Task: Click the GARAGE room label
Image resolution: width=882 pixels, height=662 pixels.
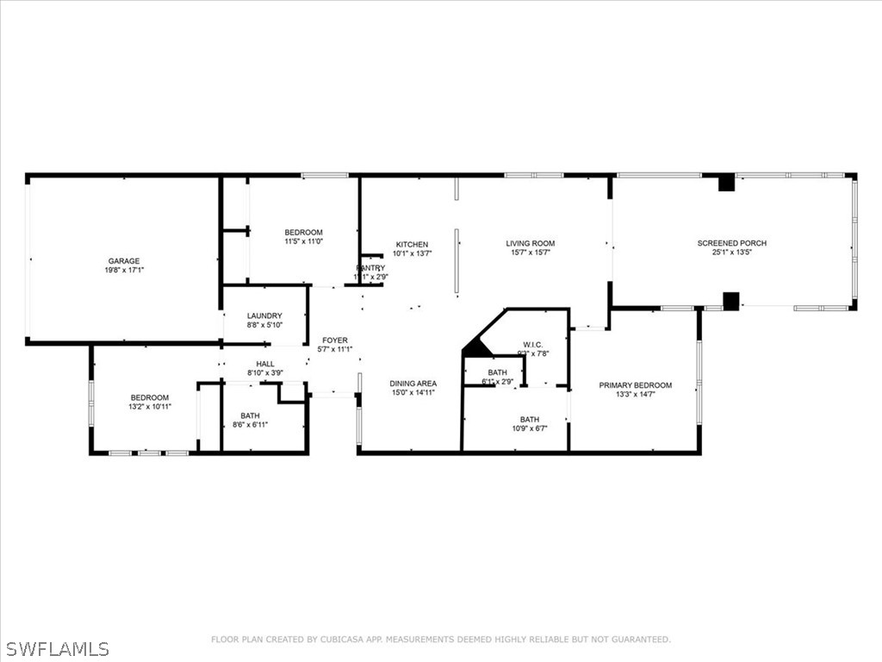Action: [123, 261]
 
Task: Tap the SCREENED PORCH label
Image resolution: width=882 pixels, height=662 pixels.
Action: [731, 243]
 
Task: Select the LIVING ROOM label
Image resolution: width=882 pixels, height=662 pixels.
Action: [530, 244]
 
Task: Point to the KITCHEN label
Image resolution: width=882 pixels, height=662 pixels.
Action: [412, 245]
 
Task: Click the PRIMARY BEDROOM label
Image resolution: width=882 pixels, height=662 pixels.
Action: [636, 385]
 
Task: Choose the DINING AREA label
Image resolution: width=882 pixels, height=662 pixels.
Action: [413, 384]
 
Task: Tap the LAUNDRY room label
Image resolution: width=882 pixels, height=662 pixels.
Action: [264, 316]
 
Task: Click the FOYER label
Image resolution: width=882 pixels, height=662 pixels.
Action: [334, 340]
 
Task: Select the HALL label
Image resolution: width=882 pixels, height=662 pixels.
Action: [264, 364]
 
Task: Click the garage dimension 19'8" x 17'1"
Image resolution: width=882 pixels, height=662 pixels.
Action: [123, 271]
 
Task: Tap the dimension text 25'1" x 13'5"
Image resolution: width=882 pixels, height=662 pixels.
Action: [731, 253]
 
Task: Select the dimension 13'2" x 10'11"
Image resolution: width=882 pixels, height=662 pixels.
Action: [149, 407]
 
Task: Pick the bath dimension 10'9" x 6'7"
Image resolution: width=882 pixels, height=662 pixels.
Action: [529, 429]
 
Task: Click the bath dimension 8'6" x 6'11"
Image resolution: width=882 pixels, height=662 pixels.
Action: [251, 425]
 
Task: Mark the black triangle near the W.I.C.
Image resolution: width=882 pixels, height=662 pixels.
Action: [475, 349]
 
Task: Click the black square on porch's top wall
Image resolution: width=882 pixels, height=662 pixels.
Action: [726, 183]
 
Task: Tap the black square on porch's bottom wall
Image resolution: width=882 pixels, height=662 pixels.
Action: [731, 301]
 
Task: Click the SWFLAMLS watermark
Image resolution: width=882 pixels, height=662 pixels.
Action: [57, 648]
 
